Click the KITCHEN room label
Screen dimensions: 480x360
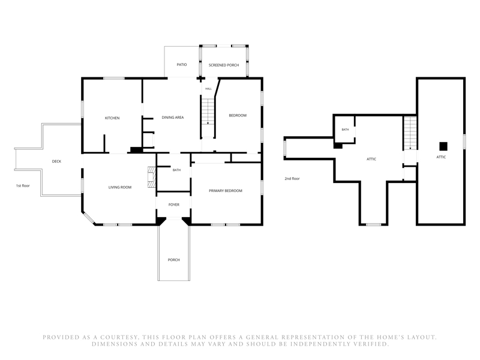pyautogui.click(x=112, y=118)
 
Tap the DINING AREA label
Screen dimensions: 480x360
pyautogui.click(x=173, y=118)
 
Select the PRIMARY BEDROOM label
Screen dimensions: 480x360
pyautogui.click(x=226, y=191)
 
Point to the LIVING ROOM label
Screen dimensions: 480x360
pyautogui.click(x=120, y=187)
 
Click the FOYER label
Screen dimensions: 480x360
pyautogui.click(x=174, y=205)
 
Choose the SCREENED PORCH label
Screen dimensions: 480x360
pyautogui.click(x=224, y=65)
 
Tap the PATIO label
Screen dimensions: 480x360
pyautogui.click(x=182, y=65)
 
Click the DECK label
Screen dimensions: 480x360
pyautogui.click(x=56, y=161)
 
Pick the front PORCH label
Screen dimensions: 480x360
pyautogui.click(x=173, y=260)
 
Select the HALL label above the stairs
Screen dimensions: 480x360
pyautogui.click(x=208, y=89)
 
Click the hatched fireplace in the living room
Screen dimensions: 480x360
pyautogui.click(x=152, y=177)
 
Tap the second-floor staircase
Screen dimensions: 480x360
pyautogui.click(x=410, y=133)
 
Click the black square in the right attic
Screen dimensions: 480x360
pyautogui.click(x=443, y=146)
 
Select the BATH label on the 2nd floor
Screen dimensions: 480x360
pyautogui.click(x=345, y=130)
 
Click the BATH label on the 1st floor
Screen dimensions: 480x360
pyautogui.click(x=176, y=170)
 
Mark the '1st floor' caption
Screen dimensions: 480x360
pyautogui.click(x=23, y=186)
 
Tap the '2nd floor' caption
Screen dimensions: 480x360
pyautogui.click(x=292, y=179)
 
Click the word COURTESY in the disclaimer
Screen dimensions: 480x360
pyautogui.click(x=119, y=337)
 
